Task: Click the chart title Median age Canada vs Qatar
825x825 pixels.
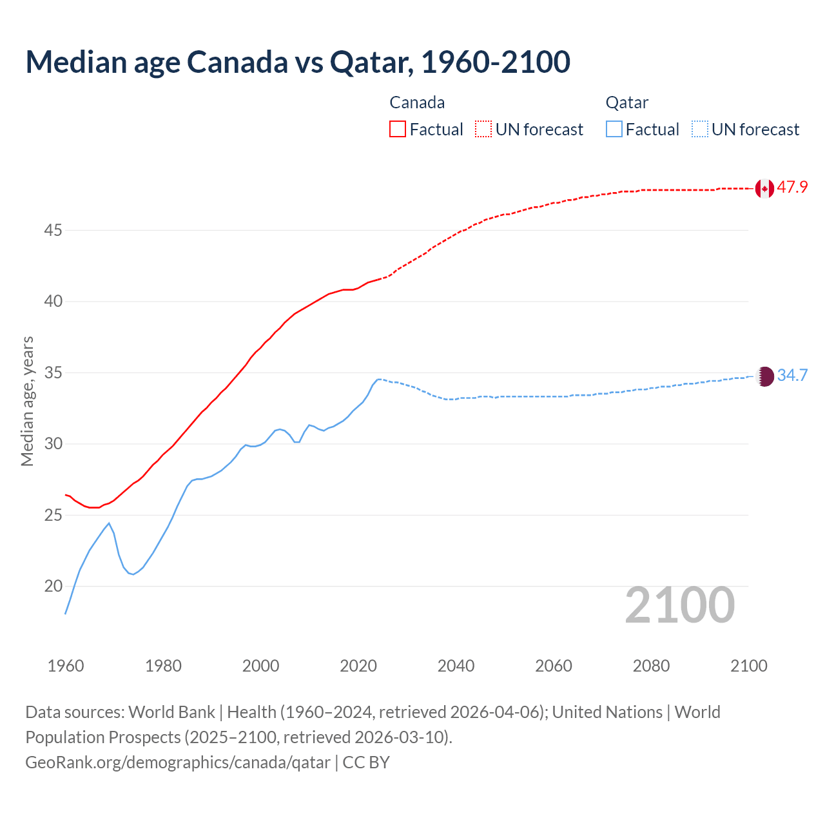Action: pos(298,62)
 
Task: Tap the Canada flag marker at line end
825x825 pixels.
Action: pos(764,188)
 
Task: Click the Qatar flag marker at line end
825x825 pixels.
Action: pos(764,376)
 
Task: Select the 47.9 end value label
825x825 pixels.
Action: pos(792,188)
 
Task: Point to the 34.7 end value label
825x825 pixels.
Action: pos(792,376)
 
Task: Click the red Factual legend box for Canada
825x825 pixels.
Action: pos(398,129)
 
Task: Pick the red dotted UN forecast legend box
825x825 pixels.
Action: pos(483,129)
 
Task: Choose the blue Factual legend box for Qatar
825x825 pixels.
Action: pos(614,129)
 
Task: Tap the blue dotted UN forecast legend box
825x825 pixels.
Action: pos(700,129)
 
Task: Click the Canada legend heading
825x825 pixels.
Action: pos(417,102)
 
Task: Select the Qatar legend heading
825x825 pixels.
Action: pos(626,102)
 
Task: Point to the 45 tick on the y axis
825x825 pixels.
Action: pos(53,230)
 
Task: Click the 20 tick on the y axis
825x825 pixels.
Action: pos(53,587)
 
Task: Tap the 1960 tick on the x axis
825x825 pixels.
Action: pos(66,666)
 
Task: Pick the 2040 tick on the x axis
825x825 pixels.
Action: pos(456,666)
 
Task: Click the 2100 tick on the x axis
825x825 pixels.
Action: pos(748,666)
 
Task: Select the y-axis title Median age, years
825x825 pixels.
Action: pos(27,401)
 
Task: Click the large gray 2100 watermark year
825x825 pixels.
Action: pos(680,605)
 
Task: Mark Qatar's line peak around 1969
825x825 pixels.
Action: pos(109,523)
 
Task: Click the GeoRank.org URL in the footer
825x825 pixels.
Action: pos(178,762)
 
